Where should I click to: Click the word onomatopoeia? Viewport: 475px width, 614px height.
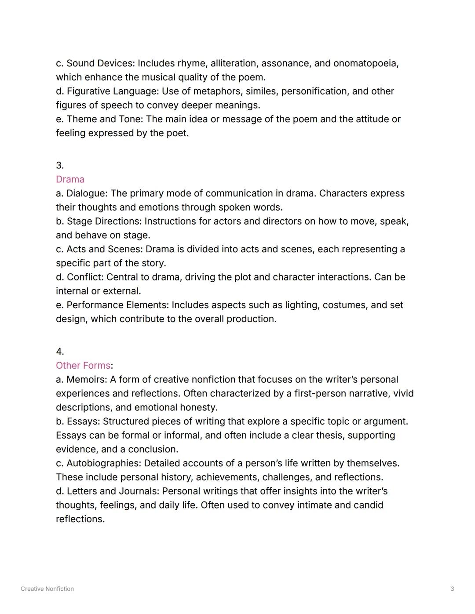tap(365, 63)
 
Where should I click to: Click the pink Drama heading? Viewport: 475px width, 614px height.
tap(70, 179)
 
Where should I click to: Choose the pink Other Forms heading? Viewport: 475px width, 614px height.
tap(83, 366)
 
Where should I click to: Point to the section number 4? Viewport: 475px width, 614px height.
tap(60, 352)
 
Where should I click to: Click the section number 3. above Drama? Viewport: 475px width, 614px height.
tap(60, 166)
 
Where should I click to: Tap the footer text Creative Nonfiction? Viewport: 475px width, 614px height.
tap(47, 589)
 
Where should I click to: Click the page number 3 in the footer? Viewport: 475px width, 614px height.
tap(452, 589)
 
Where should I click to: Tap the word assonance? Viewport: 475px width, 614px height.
tap(285, 63)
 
